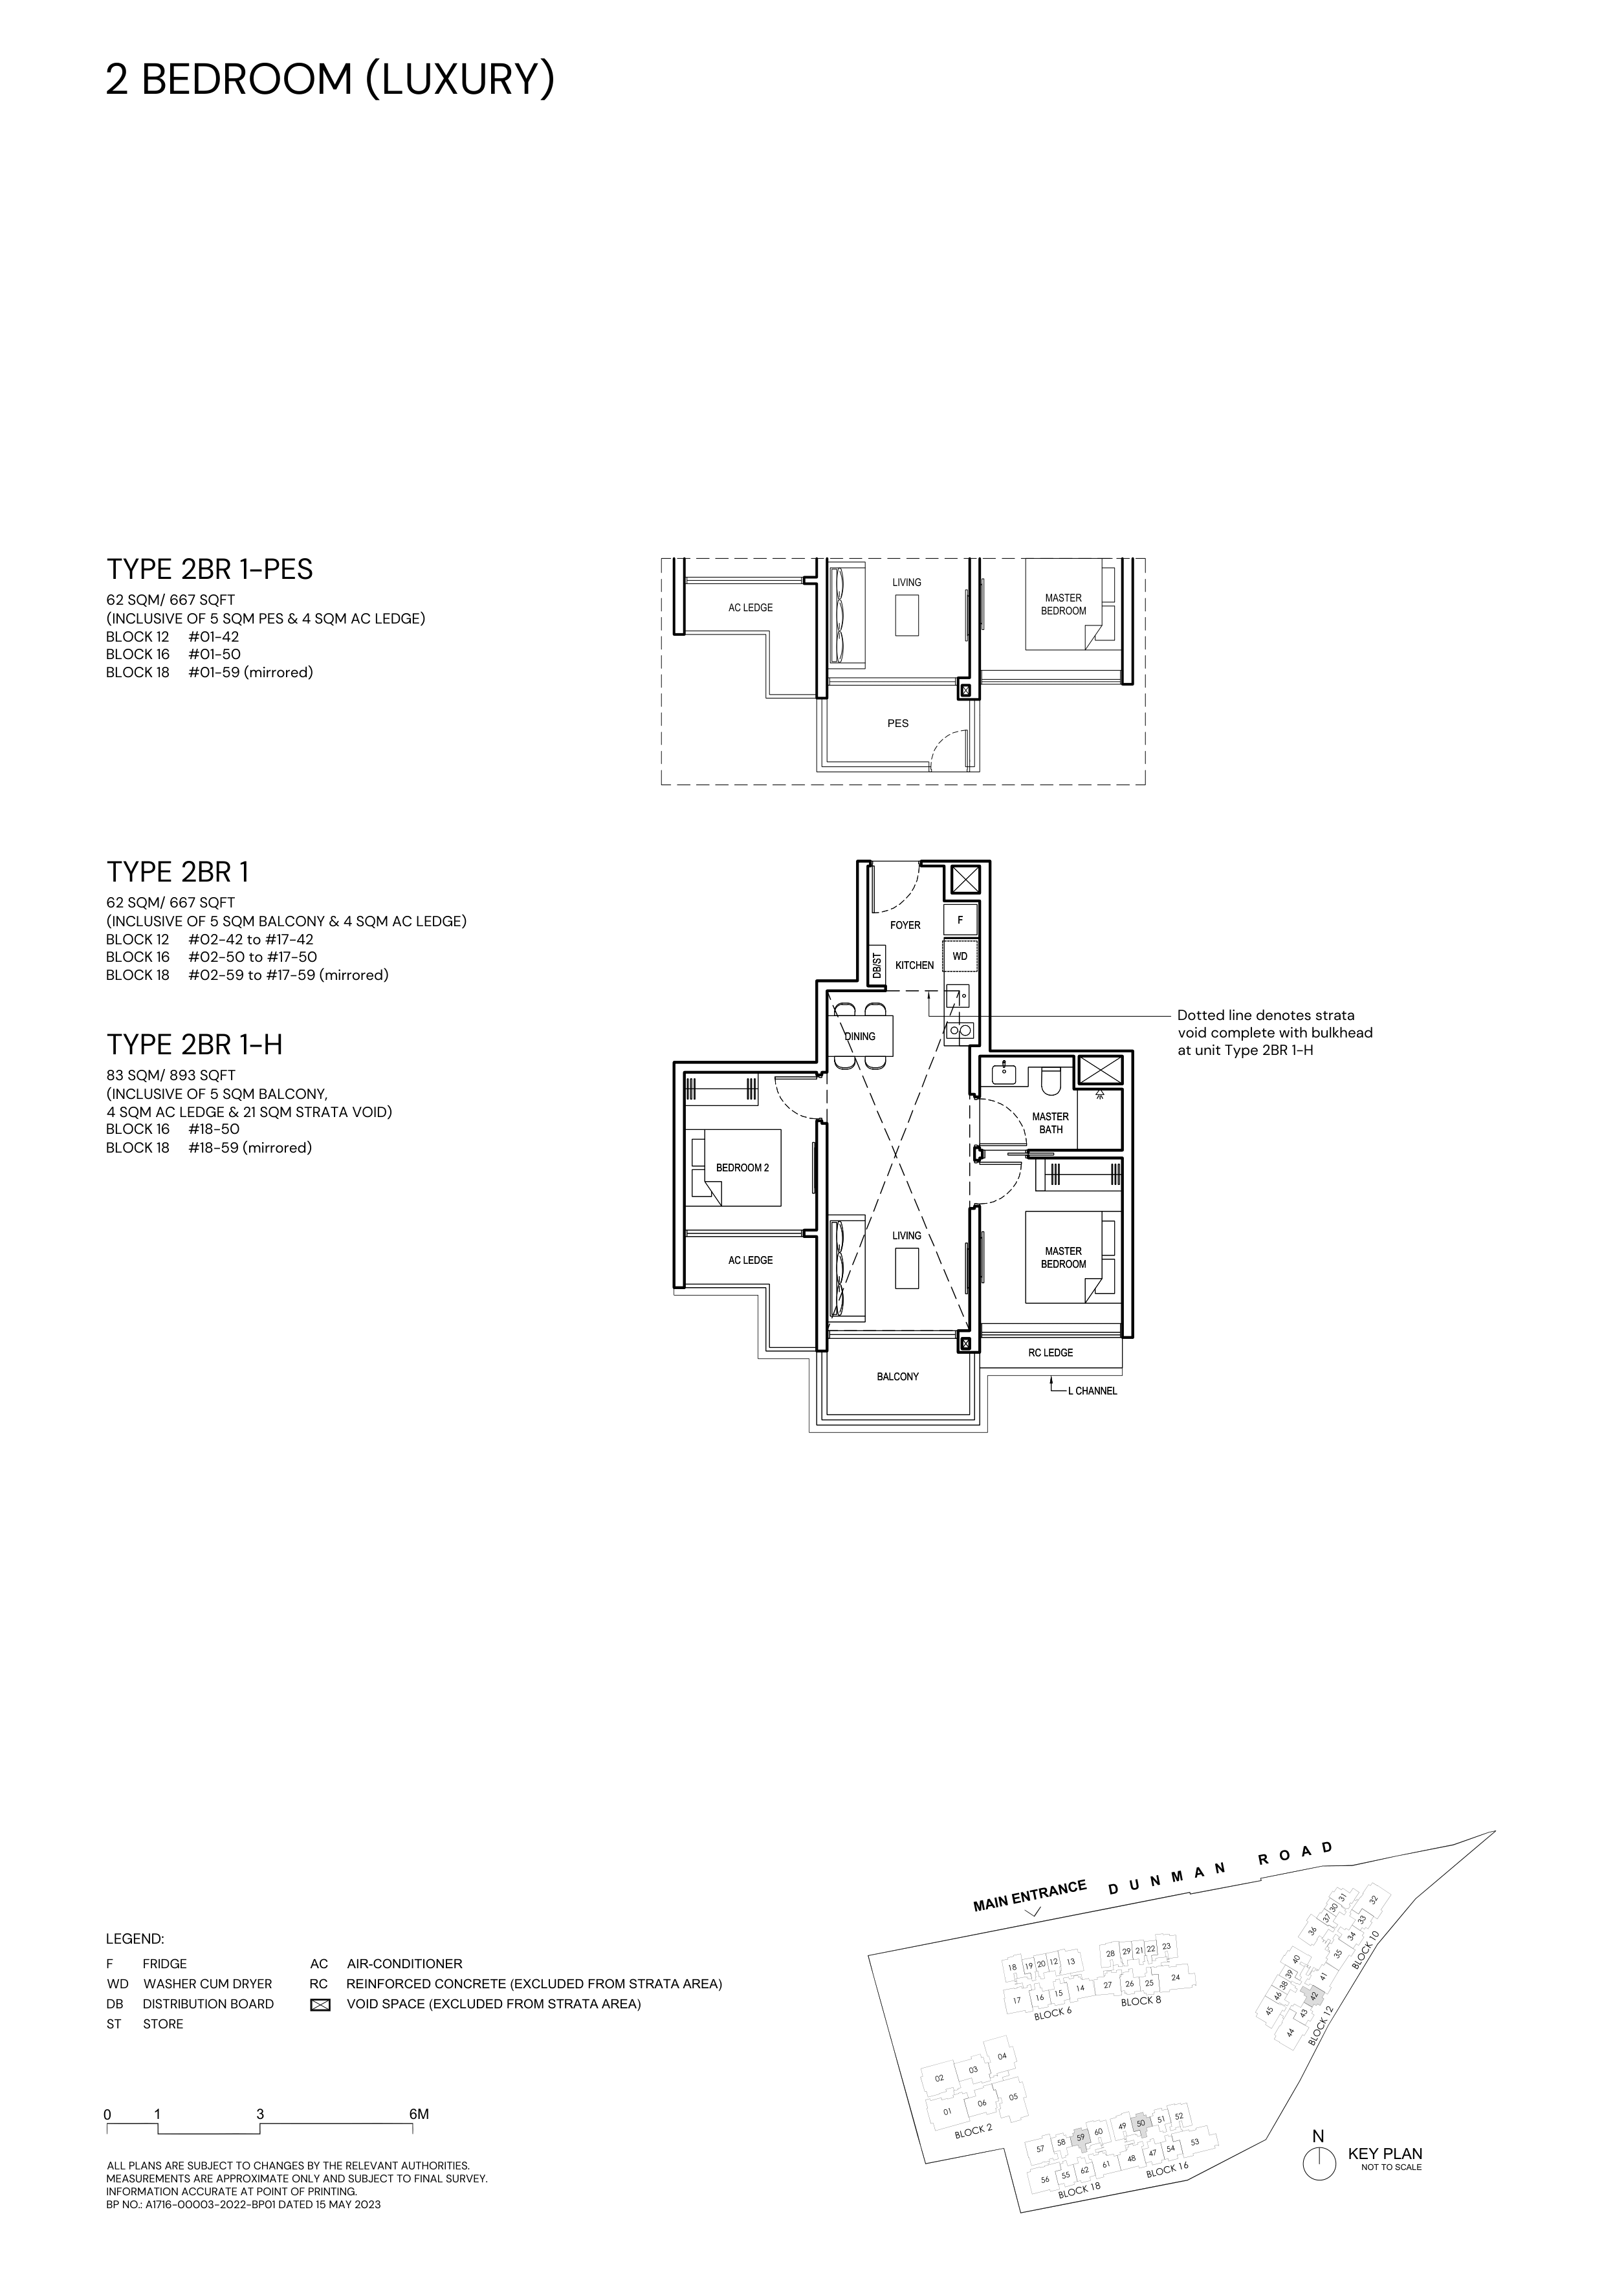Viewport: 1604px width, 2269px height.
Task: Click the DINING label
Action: click(x=860, y=1037)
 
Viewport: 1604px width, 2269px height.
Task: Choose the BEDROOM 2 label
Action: click(x=742, y=1168)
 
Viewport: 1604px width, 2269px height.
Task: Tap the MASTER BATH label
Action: click(x=1051, y=1123)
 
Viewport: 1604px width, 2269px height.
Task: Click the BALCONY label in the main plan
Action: click(x=897, y=1376)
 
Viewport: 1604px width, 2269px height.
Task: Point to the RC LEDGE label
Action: click(x=1049, y=1353)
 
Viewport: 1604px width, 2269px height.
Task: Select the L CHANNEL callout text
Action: click(x=1092, y=1391)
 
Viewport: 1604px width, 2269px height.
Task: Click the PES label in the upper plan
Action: click(x=897, y=723)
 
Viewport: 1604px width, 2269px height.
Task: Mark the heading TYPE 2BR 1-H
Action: click(x=195, y=1045)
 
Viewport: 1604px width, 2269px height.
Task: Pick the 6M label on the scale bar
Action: click(x=419, y=2115)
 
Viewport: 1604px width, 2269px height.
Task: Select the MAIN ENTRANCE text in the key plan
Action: click(x=1030, y=1896)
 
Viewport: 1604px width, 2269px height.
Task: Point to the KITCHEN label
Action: click(x=914, y=966)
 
